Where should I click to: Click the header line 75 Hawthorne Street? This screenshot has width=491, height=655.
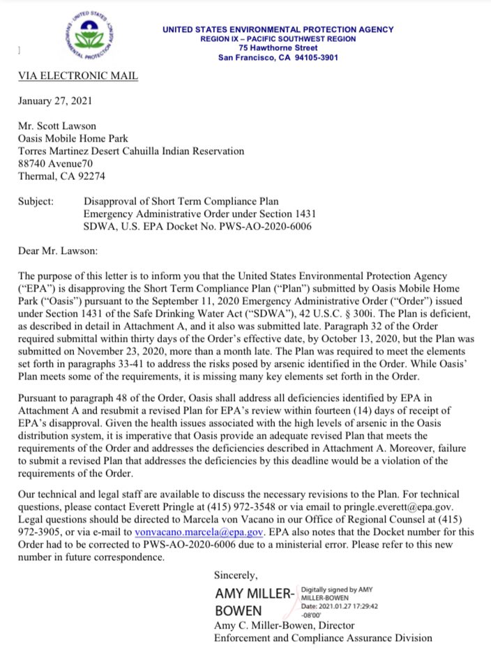tap(278, 48)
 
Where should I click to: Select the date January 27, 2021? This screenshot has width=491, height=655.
tap(53, 100)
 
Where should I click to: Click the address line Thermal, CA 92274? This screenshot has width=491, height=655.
tap(61, 176)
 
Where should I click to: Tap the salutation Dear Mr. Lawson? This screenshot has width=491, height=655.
tap(59, 251)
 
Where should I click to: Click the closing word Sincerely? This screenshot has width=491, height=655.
tap(236, 575)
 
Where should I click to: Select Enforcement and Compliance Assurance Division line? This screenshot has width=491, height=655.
tap(322, 638)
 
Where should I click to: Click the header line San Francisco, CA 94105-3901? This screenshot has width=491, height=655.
tap(278, 57)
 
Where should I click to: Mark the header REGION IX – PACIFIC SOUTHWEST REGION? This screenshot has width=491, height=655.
tap(278, 39)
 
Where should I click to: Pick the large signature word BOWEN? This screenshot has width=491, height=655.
tap(237, 612)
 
